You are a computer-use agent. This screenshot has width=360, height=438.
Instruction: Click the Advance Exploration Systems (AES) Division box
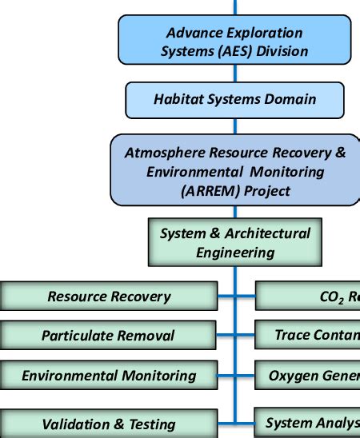234,42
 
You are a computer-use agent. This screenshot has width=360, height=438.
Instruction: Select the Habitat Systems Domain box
234,100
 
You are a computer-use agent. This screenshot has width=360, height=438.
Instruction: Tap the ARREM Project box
234,171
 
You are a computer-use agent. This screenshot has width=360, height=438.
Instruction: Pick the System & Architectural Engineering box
234,242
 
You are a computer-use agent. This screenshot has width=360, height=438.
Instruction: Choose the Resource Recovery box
108,296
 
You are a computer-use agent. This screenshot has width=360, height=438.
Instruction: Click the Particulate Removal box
108,335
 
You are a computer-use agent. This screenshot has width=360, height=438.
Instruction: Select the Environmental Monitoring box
108,374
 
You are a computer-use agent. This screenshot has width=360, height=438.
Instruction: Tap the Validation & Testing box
108,424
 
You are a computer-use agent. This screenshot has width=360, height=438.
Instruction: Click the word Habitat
177,100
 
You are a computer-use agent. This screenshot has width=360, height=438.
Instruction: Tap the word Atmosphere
162,152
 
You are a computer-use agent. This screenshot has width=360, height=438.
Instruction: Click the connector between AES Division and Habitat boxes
234,74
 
